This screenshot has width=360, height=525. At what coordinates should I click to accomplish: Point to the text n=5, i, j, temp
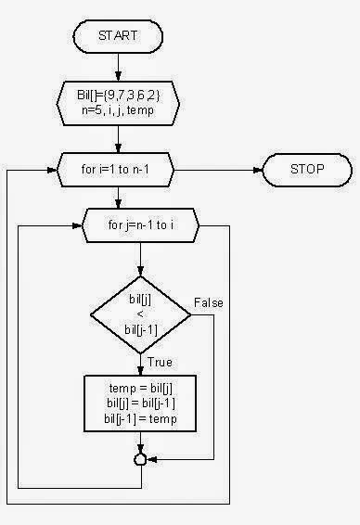[x=120, y=106]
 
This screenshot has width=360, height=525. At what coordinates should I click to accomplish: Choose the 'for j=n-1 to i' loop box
[x=140, y=224]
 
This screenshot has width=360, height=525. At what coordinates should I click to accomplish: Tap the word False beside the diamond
[x=209, y=303]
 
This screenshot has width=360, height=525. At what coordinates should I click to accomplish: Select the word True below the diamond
[x=160, y=362]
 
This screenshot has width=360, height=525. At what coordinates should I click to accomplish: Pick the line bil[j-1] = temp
[x=140, y=420]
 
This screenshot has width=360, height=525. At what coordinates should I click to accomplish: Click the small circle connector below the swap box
[x=140, y=459]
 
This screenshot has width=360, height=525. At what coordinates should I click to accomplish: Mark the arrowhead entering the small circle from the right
[x=150, y=459]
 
